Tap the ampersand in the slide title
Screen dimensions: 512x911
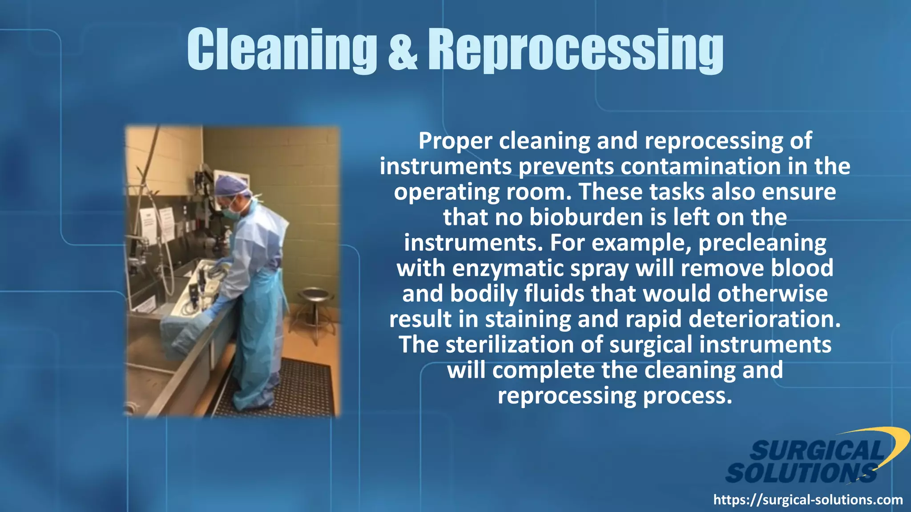(x=403, y=50)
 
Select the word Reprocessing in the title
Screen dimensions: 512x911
(x=575, y=50)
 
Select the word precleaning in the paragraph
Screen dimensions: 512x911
(x=762, y=243)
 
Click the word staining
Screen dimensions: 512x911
(x=528, y=320)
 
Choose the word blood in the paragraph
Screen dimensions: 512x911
(x=802, y=268)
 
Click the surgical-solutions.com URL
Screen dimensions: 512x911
(x=808, y=500)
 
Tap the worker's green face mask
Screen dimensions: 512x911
(x=233, y=210)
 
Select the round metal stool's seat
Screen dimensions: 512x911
(x=315, y=294)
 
